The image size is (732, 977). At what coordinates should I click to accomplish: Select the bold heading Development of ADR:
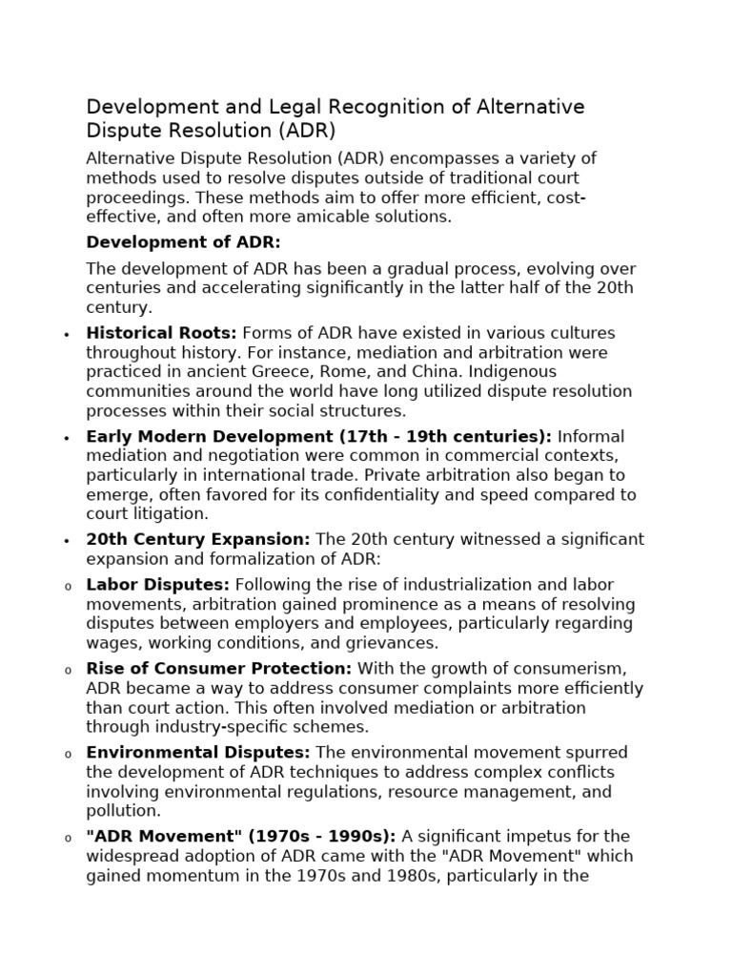click(183, 242)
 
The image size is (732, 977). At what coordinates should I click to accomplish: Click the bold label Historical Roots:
click(162, 333)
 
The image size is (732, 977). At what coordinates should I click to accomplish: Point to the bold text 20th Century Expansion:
click(197, 539)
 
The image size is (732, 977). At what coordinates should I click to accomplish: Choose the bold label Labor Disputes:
click(158, 584)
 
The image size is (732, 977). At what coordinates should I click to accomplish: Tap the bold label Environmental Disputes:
click(198, 753)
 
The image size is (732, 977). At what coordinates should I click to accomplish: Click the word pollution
click(122, 811)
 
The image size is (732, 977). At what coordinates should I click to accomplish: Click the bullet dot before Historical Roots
click(67, 335)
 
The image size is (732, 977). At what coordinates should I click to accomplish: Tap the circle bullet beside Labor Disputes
click(67, 586)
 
